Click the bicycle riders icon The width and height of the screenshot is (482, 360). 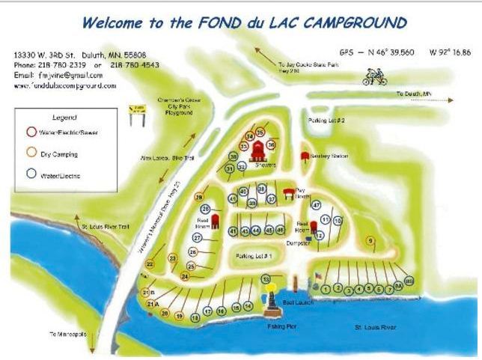click(375, 76)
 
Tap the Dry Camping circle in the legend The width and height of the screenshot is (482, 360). click(31, 153)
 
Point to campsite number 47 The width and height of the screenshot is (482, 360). click(317, 204)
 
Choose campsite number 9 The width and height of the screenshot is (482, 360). click(370, 240)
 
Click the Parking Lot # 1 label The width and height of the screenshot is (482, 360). click(253, 256)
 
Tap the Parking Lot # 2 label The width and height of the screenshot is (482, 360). click(326, 120)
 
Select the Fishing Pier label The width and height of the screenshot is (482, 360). click(282, 326)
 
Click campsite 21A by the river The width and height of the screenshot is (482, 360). click(151, 305)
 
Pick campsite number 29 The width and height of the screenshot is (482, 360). click(201, 198)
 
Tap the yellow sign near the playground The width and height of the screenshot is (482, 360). click(137, 114)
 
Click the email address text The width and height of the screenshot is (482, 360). click(58, 75)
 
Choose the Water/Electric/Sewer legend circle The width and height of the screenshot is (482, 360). click(31, 132)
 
